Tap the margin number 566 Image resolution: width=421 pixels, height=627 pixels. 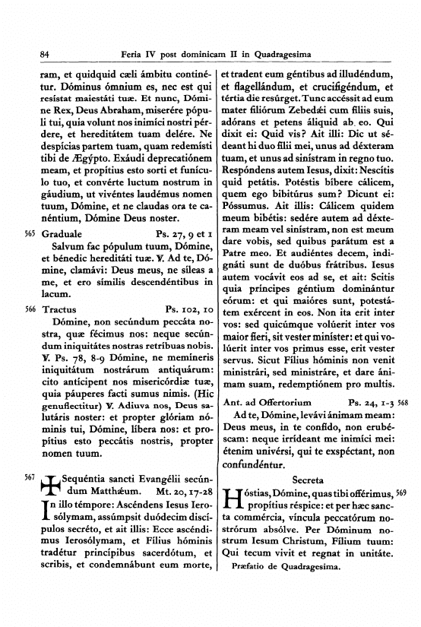point(30,310)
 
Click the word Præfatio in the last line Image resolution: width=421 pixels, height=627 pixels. point(248,565)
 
